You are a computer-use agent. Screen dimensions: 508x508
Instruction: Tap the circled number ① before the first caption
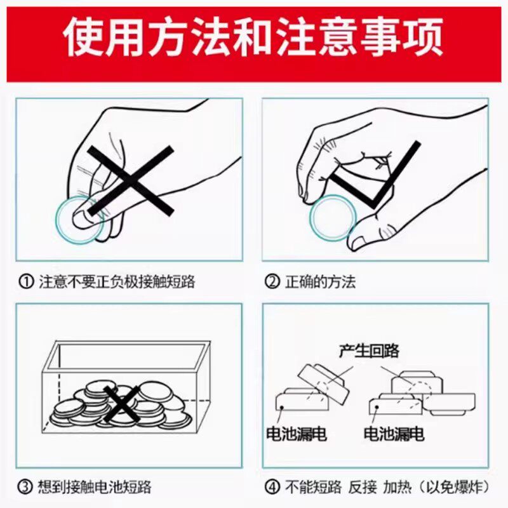(x=26, y=282)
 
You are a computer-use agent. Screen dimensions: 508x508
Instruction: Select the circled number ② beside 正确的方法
(x=272, y=282)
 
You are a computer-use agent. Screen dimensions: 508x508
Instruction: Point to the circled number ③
(x=26, y=488)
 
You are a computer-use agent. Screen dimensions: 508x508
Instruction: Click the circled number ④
(x=272, y=488)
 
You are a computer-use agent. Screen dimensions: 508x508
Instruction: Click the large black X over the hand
(x=130, y=179)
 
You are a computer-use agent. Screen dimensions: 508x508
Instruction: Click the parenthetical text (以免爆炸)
(x=452, y=488)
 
